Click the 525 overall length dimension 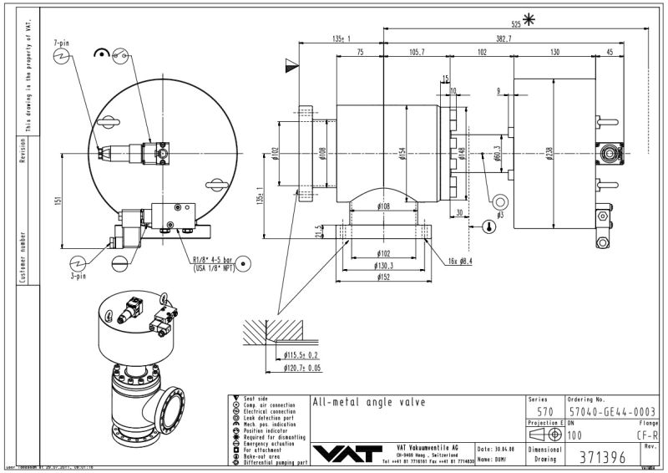tap(516, 24)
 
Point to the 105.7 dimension tap(417, 52)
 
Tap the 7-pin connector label tap(60, 41)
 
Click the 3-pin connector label tap(77, 273)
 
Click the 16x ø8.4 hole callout tap(458, 261)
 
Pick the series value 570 tap(544, 411)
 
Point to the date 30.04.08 tap(500, 449)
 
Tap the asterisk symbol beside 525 tap(528, 20)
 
